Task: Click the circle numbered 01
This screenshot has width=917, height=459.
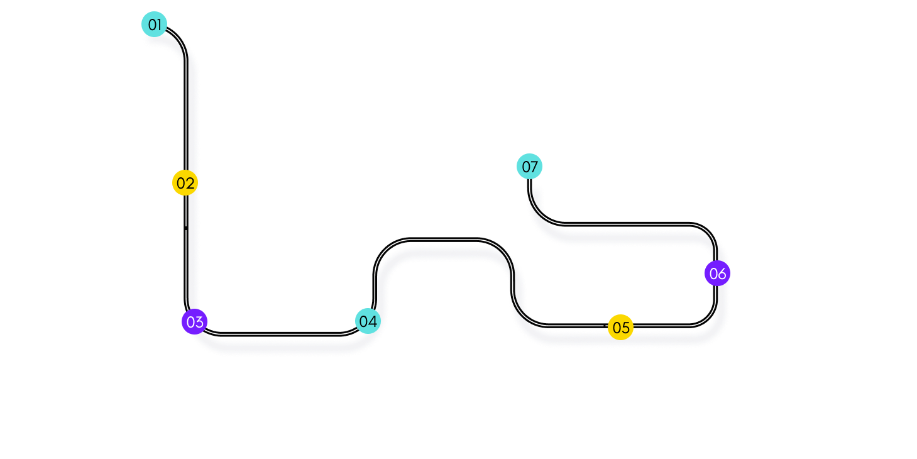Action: point(154,25)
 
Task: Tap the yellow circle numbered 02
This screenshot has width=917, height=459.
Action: point(185,183)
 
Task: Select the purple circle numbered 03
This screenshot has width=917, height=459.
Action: point(195,322)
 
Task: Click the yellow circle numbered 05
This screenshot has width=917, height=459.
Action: point(620,327)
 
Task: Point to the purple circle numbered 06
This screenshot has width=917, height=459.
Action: point(717,274)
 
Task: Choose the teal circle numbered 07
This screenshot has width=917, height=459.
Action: point(530,167)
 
